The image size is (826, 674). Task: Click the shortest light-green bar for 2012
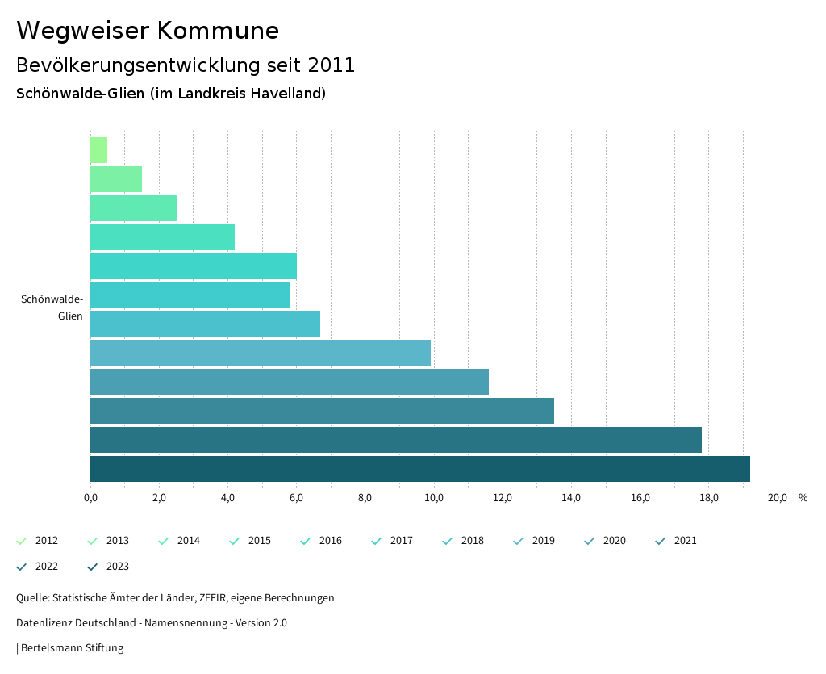tap(98, 150)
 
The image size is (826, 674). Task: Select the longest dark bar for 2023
tap(419, 469)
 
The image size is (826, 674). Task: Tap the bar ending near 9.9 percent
tap(260, 353)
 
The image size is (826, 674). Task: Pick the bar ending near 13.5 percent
tap(322, 411)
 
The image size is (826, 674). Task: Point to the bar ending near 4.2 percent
tap(162, 237)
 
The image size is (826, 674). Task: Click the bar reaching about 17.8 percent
tap(395, 440)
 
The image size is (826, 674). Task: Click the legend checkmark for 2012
tap(22, 541)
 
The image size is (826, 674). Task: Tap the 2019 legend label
tap(543, 541)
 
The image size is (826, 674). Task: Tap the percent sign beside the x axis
tap(803, 498)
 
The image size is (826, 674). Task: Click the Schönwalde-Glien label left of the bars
tap(52, 308)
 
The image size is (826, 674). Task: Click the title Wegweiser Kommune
tap(148, 31)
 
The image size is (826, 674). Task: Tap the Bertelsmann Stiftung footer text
tap(72, 648)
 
